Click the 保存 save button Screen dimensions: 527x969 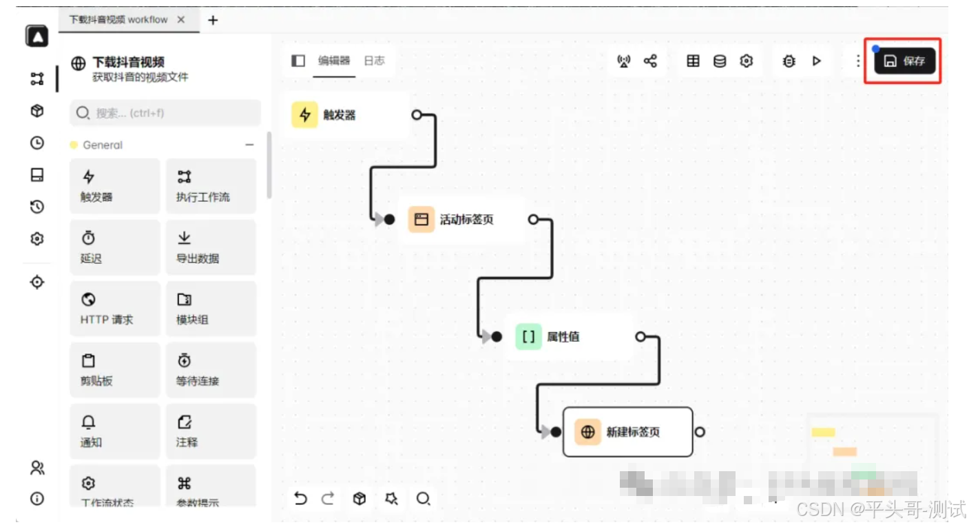pos(904,61)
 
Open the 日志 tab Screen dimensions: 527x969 pos(374,61)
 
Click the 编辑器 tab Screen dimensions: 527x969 pos(334,61)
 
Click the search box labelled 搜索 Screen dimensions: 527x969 pos(165,113)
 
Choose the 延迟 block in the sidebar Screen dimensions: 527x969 pos(114,247)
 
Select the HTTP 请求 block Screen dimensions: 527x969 pos(114,309)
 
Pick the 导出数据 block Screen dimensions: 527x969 pos(211,247)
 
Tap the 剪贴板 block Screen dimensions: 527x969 pos(114,370)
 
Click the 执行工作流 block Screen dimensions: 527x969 pos(211,186)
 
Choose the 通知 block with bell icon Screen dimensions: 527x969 pos(114,431)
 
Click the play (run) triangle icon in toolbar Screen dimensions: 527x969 pos(817,61)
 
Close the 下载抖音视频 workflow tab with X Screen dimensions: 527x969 pos(181,20)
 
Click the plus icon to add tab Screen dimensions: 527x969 pos(213,20)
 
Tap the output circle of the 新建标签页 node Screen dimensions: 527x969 pos(700,432)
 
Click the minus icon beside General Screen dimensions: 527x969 pos(249,145)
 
